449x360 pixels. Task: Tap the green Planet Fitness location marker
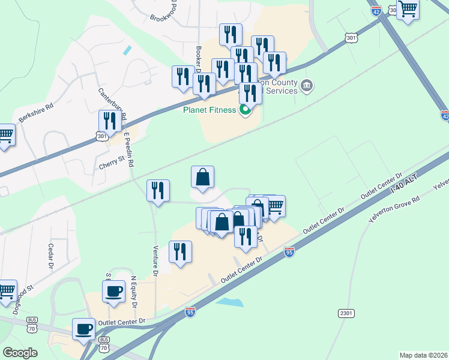[245, 110]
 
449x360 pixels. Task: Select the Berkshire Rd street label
[36, 112]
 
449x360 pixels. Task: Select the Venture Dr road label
[154, 260]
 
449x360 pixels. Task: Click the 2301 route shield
[346, 313]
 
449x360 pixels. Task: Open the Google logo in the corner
[20, 353]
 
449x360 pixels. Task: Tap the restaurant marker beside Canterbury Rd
[109, 121]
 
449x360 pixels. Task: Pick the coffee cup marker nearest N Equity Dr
[113, 293]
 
